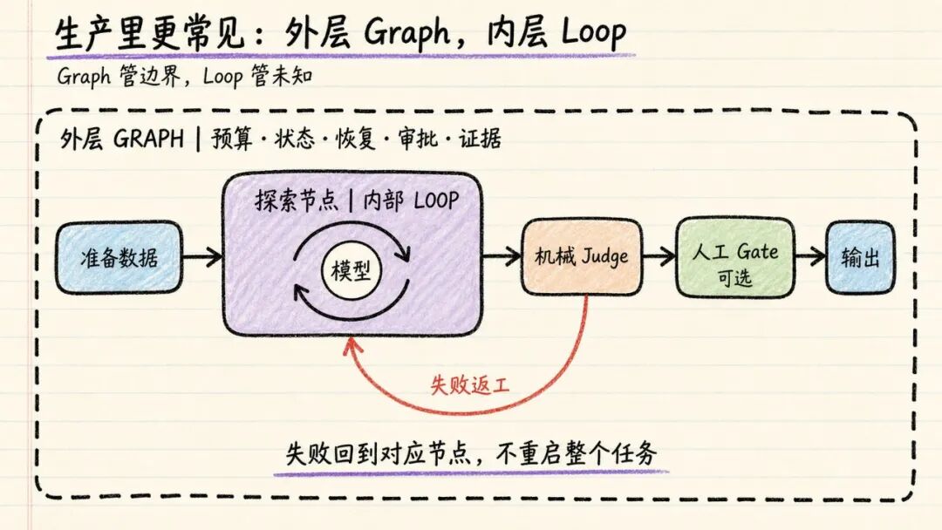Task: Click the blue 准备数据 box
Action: [119, 257]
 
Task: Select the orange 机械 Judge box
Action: [582, 257]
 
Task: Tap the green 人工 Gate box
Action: [735, 257]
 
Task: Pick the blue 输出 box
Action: [860, 257]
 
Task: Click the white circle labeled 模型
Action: [352, 270]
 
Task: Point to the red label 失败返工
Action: [470, 384]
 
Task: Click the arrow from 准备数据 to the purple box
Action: [202, 257]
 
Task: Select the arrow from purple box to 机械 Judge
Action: [502, 256]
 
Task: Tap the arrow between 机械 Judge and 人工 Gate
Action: [659, 257]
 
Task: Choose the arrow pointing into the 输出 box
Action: [810, 257]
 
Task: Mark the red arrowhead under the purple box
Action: [352, 345]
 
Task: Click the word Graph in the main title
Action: [406, 32]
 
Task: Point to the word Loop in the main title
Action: [594, 32]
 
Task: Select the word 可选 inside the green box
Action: [734, 278]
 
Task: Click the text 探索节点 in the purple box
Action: [297, 200]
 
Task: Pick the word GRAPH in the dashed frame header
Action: [148, 139]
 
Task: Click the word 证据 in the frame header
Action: [480, 139]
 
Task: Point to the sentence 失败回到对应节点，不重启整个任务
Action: [471, 454]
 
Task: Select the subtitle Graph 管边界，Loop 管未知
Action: [185, 76]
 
